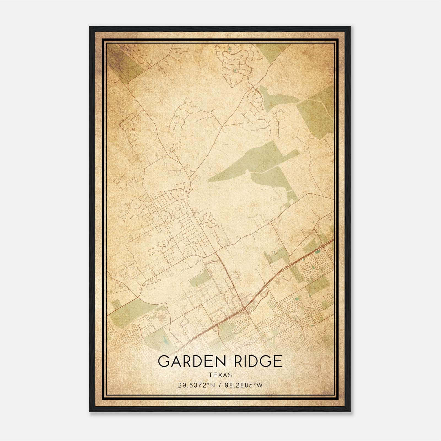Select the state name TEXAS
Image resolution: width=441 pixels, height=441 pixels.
(220, 375)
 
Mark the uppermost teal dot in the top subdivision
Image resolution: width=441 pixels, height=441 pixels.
(229, 50)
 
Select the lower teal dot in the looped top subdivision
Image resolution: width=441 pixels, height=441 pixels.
(235, 71)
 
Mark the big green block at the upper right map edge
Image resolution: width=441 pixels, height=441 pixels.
(317, 113)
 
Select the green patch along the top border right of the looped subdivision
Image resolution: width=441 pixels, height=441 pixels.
(270, 50)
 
